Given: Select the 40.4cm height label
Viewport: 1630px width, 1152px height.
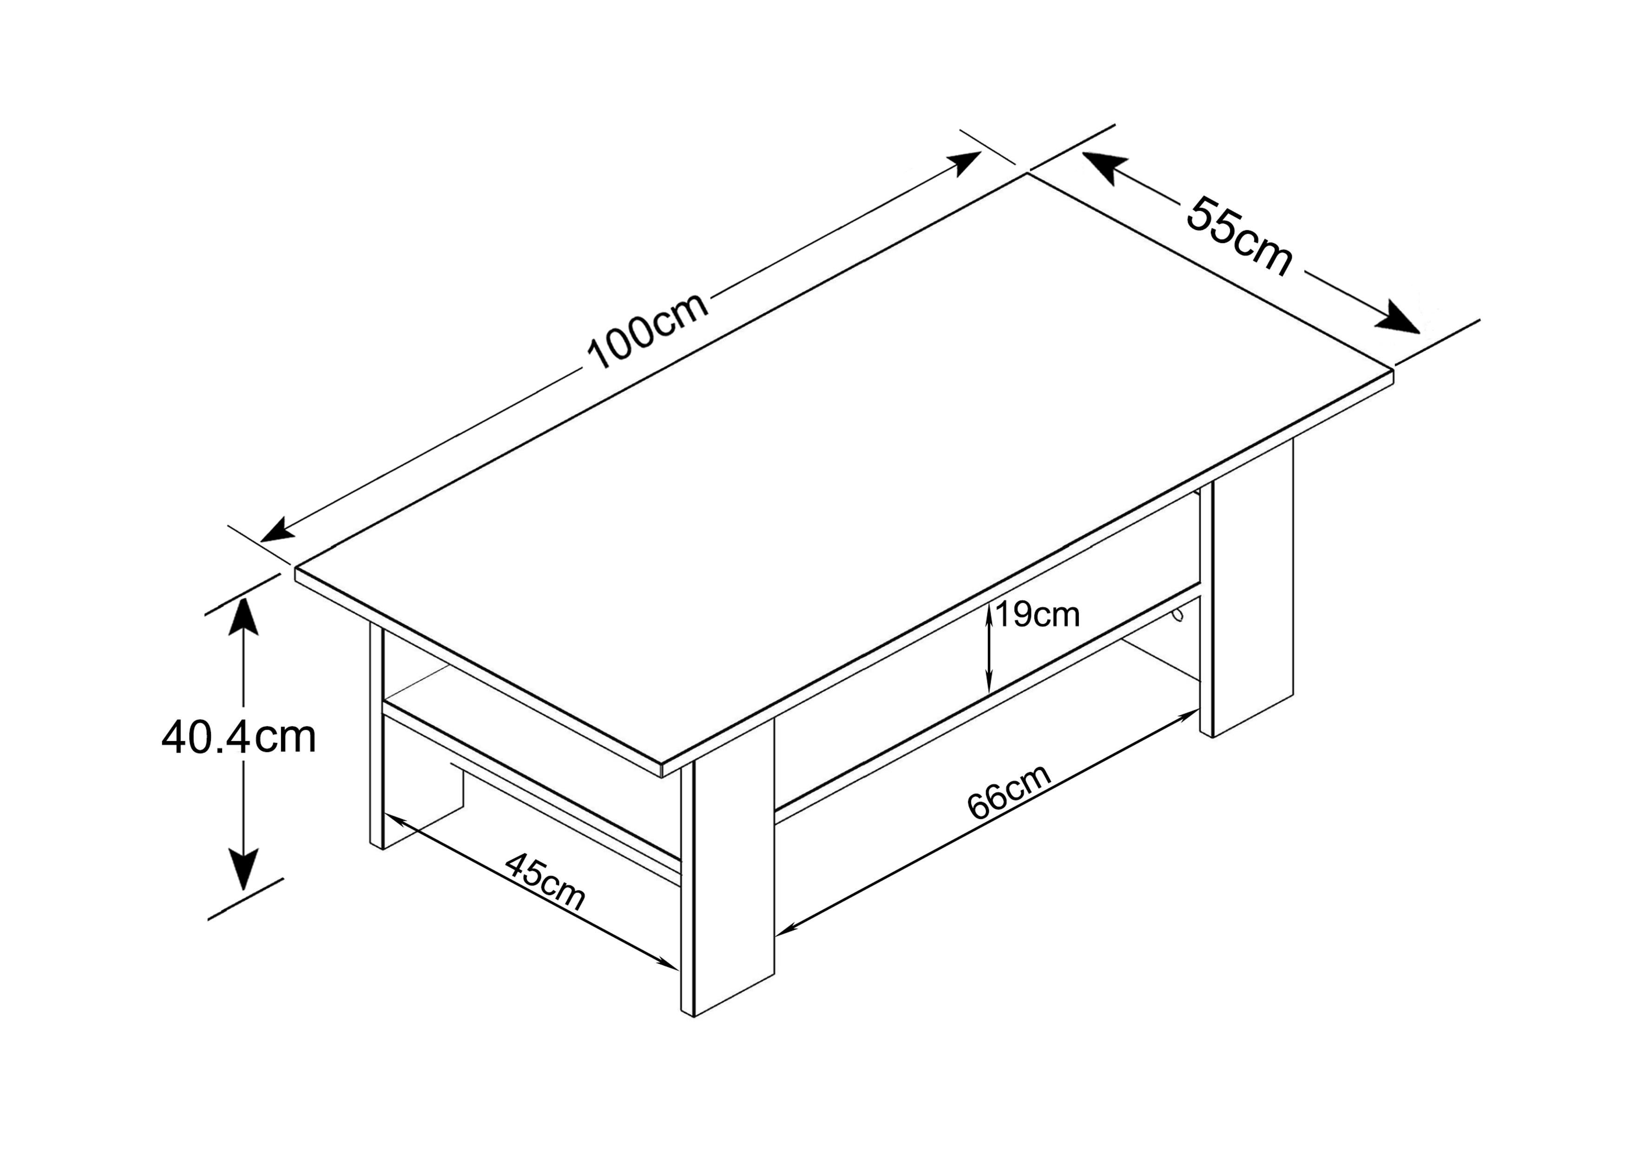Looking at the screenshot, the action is pos(238,737).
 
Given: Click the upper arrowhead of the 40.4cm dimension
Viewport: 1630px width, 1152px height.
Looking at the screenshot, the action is pos(243,616).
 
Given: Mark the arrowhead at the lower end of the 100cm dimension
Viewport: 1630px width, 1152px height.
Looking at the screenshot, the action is pos(278,530).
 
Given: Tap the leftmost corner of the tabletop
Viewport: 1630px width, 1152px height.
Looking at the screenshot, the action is pos(296,568).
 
